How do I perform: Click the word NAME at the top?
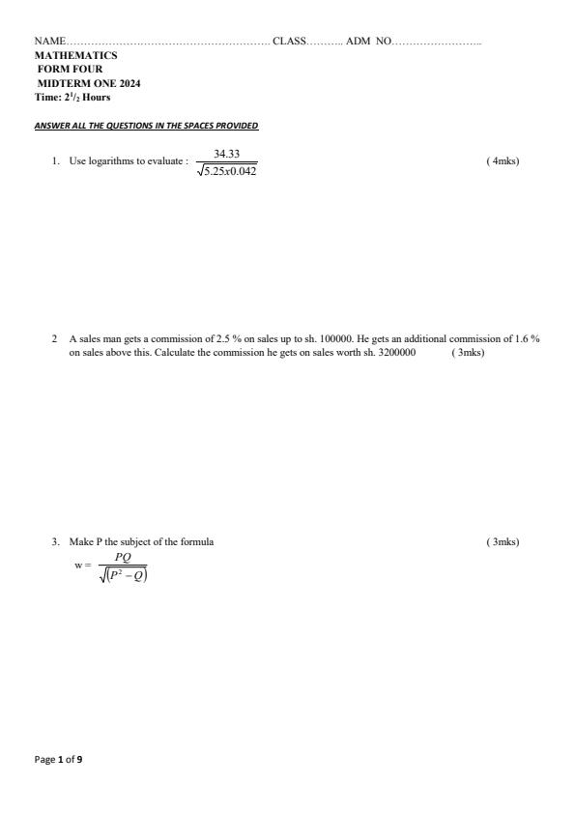coord(49,42)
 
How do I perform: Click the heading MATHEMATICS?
coord(75,55)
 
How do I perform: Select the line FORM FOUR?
coord(70,70)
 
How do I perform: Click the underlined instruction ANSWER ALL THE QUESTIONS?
coord(146,127)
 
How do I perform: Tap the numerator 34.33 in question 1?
coord(226,154)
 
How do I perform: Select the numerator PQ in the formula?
coord(123,558)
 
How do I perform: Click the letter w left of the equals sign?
coord(77,566)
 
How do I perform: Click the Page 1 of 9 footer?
coord(58,760)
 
